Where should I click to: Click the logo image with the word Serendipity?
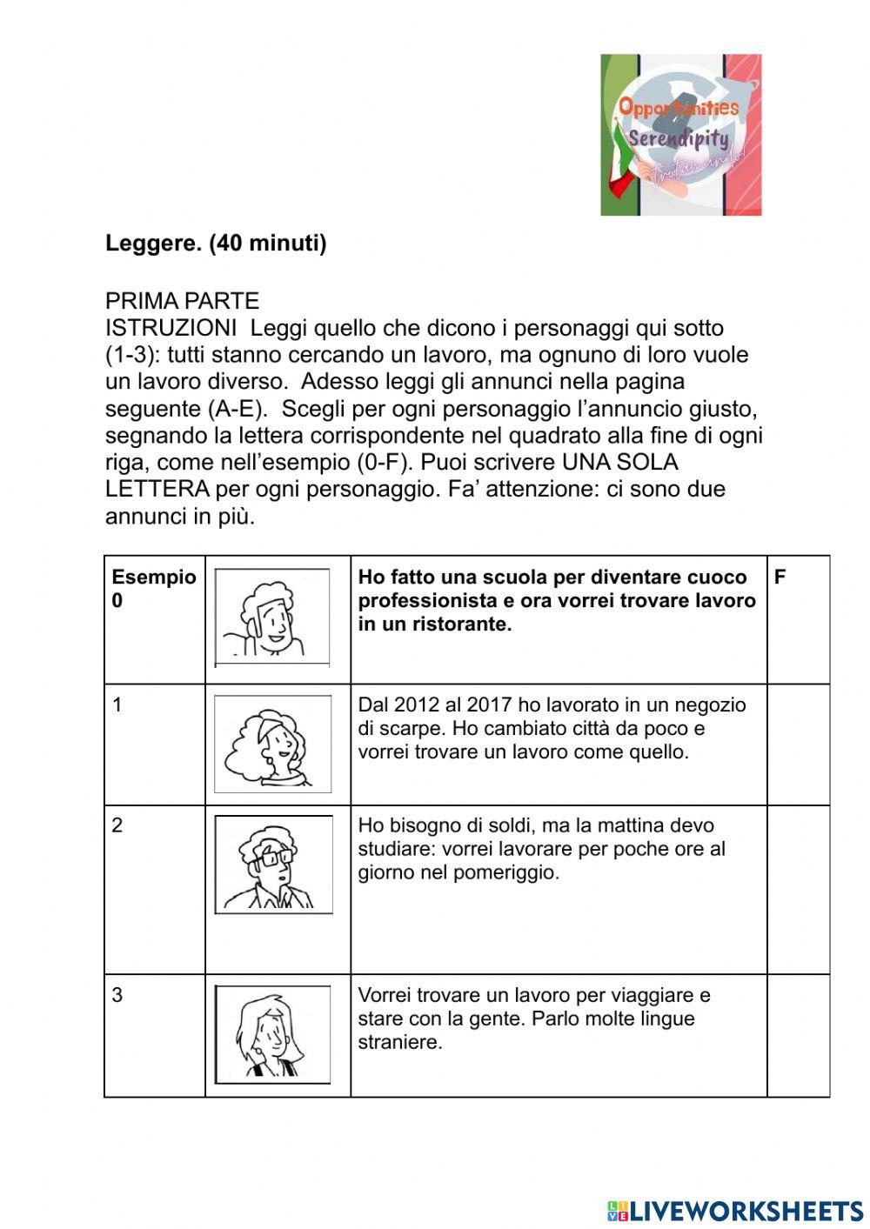[x=680, y=135]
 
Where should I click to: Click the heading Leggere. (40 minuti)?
[x=216, y=244]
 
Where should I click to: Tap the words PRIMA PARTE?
[x=182, y=301]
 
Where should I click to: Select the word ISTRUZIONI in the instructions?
[x=171, y=328]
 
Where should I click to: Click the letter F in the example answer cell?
[x=780, y=578]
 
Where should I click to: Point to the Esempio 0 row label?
[x=153, y=588]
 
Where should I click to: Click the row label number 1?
[x=117, y=705]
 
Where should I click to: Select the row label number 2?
[x=117, y=825]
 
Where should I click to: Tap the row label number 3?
[x=117, y=995]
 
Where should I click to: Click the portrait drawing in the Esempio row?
[x=272, y=618]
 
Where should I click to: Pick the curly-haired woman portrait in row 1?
[x=272, y=744]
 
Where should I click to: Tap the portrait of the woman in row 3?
[x=272, y=1034]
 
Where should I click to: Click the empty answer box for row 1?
[x=798, y=744]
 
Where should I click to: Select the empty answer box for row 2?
[x=798, y=889]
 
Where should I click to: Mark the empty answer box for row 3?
[x=798, y=1035]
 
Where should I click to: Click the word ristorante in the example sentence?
[x=466, y=625]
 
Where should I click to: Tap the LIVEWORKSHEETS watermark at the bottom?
[x=735, y=1211]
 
